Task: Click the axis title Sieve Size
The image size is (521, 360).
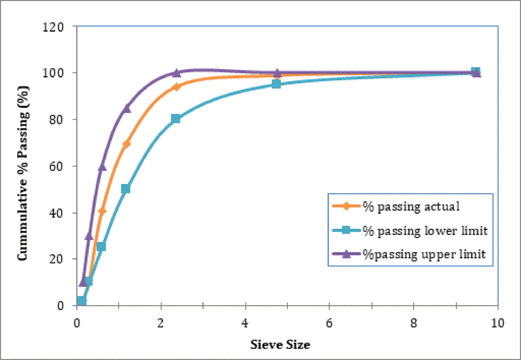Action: pyautogui.click(x=280, y=345)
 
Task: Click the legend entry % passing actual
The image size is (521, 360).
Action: pyautogui.click(x=411, y=206)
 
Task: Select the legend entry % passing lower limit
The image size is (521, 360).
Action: pyautogui.click(x=424, y=230)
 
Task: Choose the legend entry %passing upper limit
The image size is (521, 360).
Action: pyautogui.click(x=424, y=254)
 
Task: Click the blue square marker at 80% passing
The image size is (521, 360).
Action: pyautogui.click(x=176, y=119)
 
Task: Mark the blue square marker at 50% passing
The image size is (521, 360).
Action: pyautogui.click(x=126, y=189)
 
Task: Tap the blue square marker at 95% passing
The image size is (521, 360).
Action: pyautogui.click(x=276, y=84)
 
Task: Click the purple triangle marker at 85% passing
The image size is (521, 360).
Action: pyautogui.click(x=127, y=108)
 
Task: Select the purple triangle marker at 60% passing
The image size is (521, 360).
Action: pyautogui.click(x=102, y=167)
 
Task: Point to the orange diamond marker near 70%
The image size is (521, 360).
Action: pyautogui.click(x=127, y=144)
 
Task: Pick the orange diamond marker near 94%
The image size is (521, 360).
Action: pyautogui.click(x=176, y=87)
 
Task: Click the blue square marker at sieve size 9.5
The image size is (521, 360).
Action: pyautogui.click(x=475, y=72)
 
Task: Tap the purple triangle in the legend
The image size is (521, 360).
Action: pyautogui.click(x=346, y=254)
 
